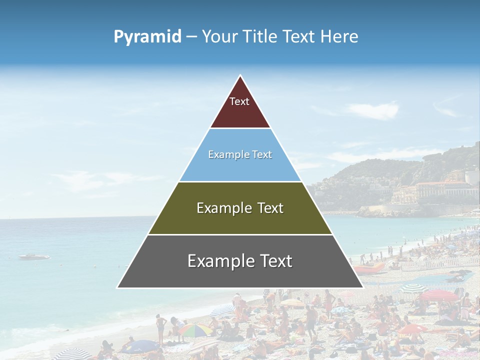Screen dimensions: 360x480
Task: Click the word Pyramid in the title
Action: click(147, 37)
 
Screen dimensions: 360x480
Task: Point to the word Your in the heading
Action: click(218, 37)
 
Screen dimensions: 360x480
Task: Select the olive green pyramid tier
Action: click(240, 220)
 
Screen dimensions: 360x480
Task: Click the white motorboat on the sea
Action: click(34, 257)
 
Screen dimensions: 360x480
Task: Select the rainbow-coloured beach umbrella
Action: click(195, 329)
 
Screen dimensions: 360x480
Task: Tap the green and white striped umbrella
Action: click(413, 288)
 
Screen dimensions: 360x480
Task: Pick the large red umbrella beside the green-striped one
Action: click(438, 295)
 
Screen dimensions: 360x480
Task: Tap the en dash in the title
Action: click(191, 37)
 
